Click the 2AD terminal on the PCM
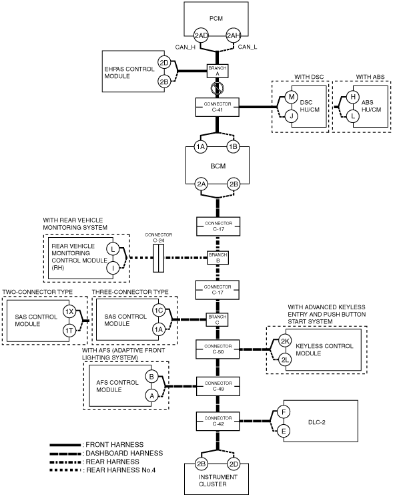pos(201,35)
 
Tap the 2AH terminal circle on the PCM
pos(233,35)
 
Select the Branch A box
pos(218,71)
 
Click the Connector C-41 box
pos(218,107)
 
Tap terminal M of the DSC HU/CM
pos(292,97)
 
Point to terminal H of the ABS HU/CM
pos(353,97)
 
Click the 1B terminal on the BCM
pos(233,146)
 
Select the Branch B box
pos(218,258)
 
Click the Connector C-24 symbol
pos(158,258)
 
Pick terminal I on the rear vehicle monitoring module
pos(112,268)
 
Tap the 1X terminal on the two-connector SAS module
pos(69,311)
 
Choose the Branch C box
pos(218,319)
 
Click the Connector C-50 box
pos(218,349)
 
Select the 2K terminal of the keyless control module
pos(285,341)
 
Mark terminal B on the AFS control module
pos(151,377)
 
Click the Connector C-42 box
pos(218,422)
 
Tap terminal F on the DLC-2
pos(284,412)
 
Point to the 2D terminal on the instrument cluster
pos(234,464)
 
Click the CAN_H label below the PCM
pos(185,47)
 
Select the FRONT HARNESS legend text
pos(115,445)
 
